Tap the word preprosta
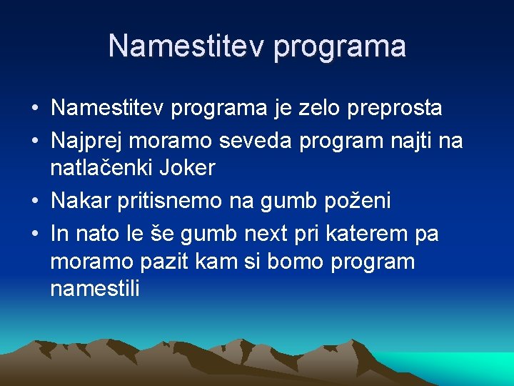click(395, 109)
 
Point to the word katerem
click(372, 234)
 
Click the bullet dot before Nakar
click(35, 202)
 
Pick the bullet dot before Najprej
click(35, 142)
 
